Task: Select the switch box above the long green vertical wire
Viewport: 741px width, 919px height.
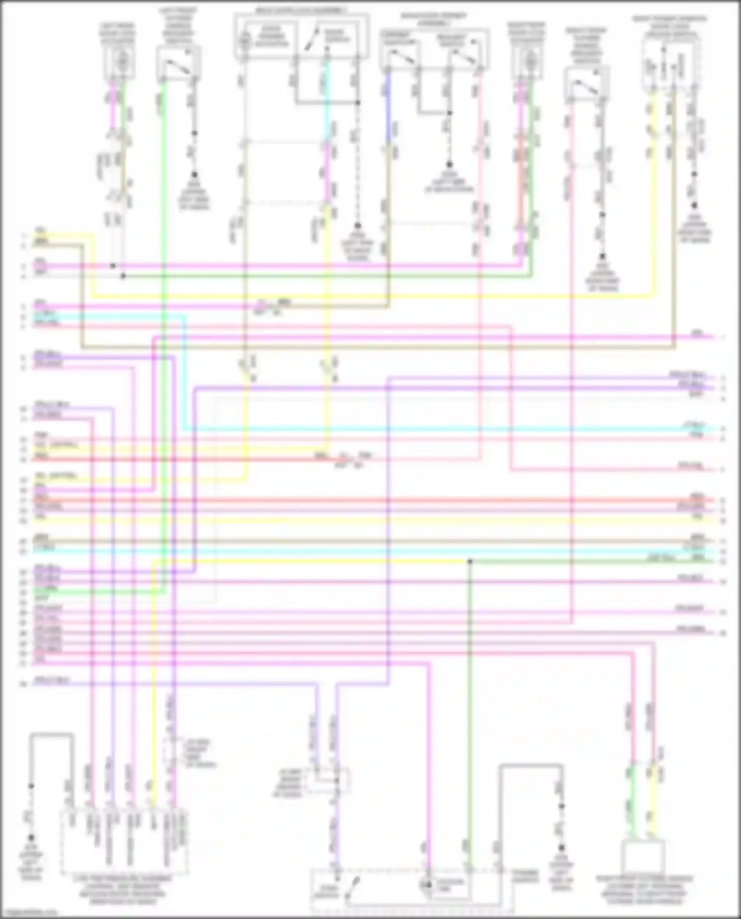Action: coord(178,64)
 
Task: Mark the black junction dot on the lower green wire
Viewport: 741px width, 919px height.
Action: coord(470,561)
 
